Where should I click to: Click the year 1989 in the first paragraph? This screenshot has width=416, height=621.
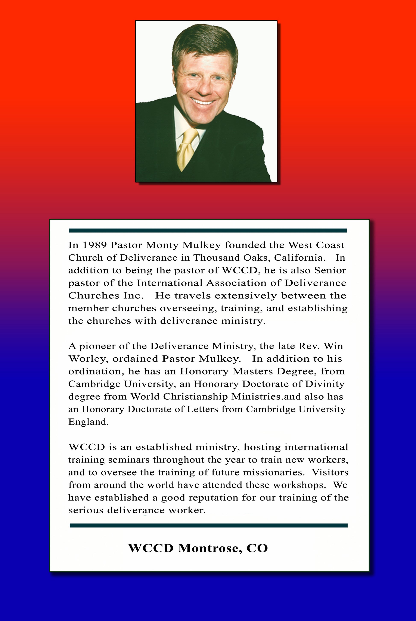pos(94,245)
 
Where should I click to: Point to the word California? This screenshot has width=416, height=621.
pos(299,258)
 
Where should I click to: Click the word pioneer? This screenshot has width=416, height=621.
pos(98,346)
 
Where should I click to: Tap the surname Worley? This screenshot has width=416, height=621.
pos(88,359)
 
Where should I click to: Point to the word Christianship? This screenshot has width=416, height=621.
pos(195,396)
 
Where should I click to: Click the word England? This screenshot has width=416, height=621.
pos(88,422)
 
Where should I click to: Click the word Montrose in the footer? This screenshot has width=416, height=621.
pos(209,548)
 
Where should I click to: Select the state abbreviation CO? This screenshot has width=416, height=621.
pos(257,548)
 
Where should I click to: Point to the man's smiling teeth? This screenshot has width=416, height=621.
pos(203,101)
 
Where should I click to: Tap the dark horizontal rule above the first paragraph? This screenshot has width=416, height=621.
pos(208,230)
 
